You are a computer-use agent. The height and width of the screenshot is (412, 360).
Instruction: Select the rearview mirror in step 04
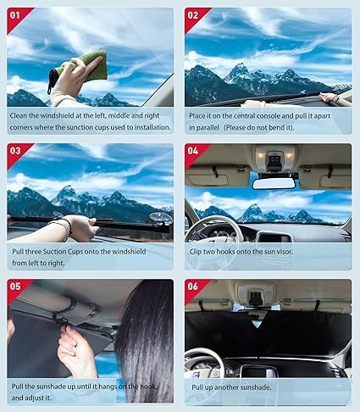273,182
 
